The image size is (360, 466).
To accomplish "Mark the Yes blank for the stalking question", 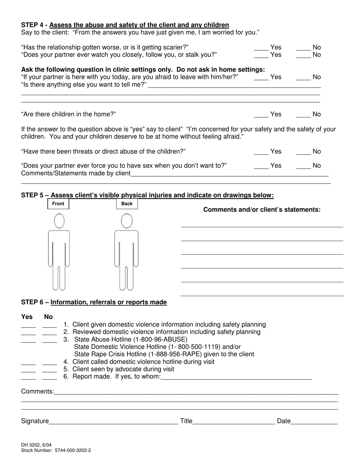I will (261, 55).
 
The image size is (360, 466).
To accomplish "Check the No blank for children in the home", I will (304, 115).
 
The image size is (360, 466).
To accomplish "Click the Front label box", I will (58, 204).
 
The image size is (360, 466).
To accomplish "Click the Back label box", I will (127, 204).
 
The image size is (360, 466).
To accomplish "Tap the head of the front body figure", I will (59, 221).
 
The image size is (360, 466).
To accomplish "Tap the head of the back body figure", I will (127, 221).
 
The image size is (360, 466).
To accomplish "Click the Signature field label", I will (35, 421).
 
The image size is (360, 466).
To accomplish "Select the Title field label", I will (186, 421).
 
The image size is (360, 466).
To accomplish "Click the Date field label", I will (283, 421).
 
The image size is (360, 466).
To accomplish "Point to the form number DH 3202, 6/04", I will (36, 445).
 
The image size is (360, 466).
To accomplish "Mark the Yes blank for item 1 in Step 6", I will (28, 325).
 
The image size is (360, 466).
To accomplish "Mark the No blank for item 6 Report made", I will (49, 377).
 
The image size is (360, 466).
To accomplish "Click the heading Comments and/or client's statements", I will (262, 210).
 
